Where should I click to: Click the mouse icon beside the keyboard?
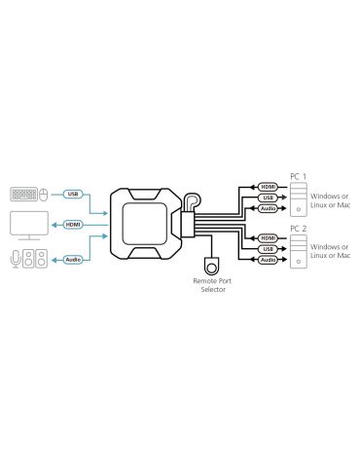pos(42,194)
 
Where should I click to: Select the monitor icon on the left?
pos(27,225)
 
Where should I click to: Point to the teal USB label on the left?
pos(73,194)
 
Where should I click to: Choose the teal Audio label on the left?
pos(73,259)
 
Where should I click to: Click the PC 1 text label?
pos(299,176)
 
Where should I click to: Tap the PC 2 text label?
pos(299,229)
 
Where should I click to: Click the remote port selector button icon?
pos(212,264)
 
